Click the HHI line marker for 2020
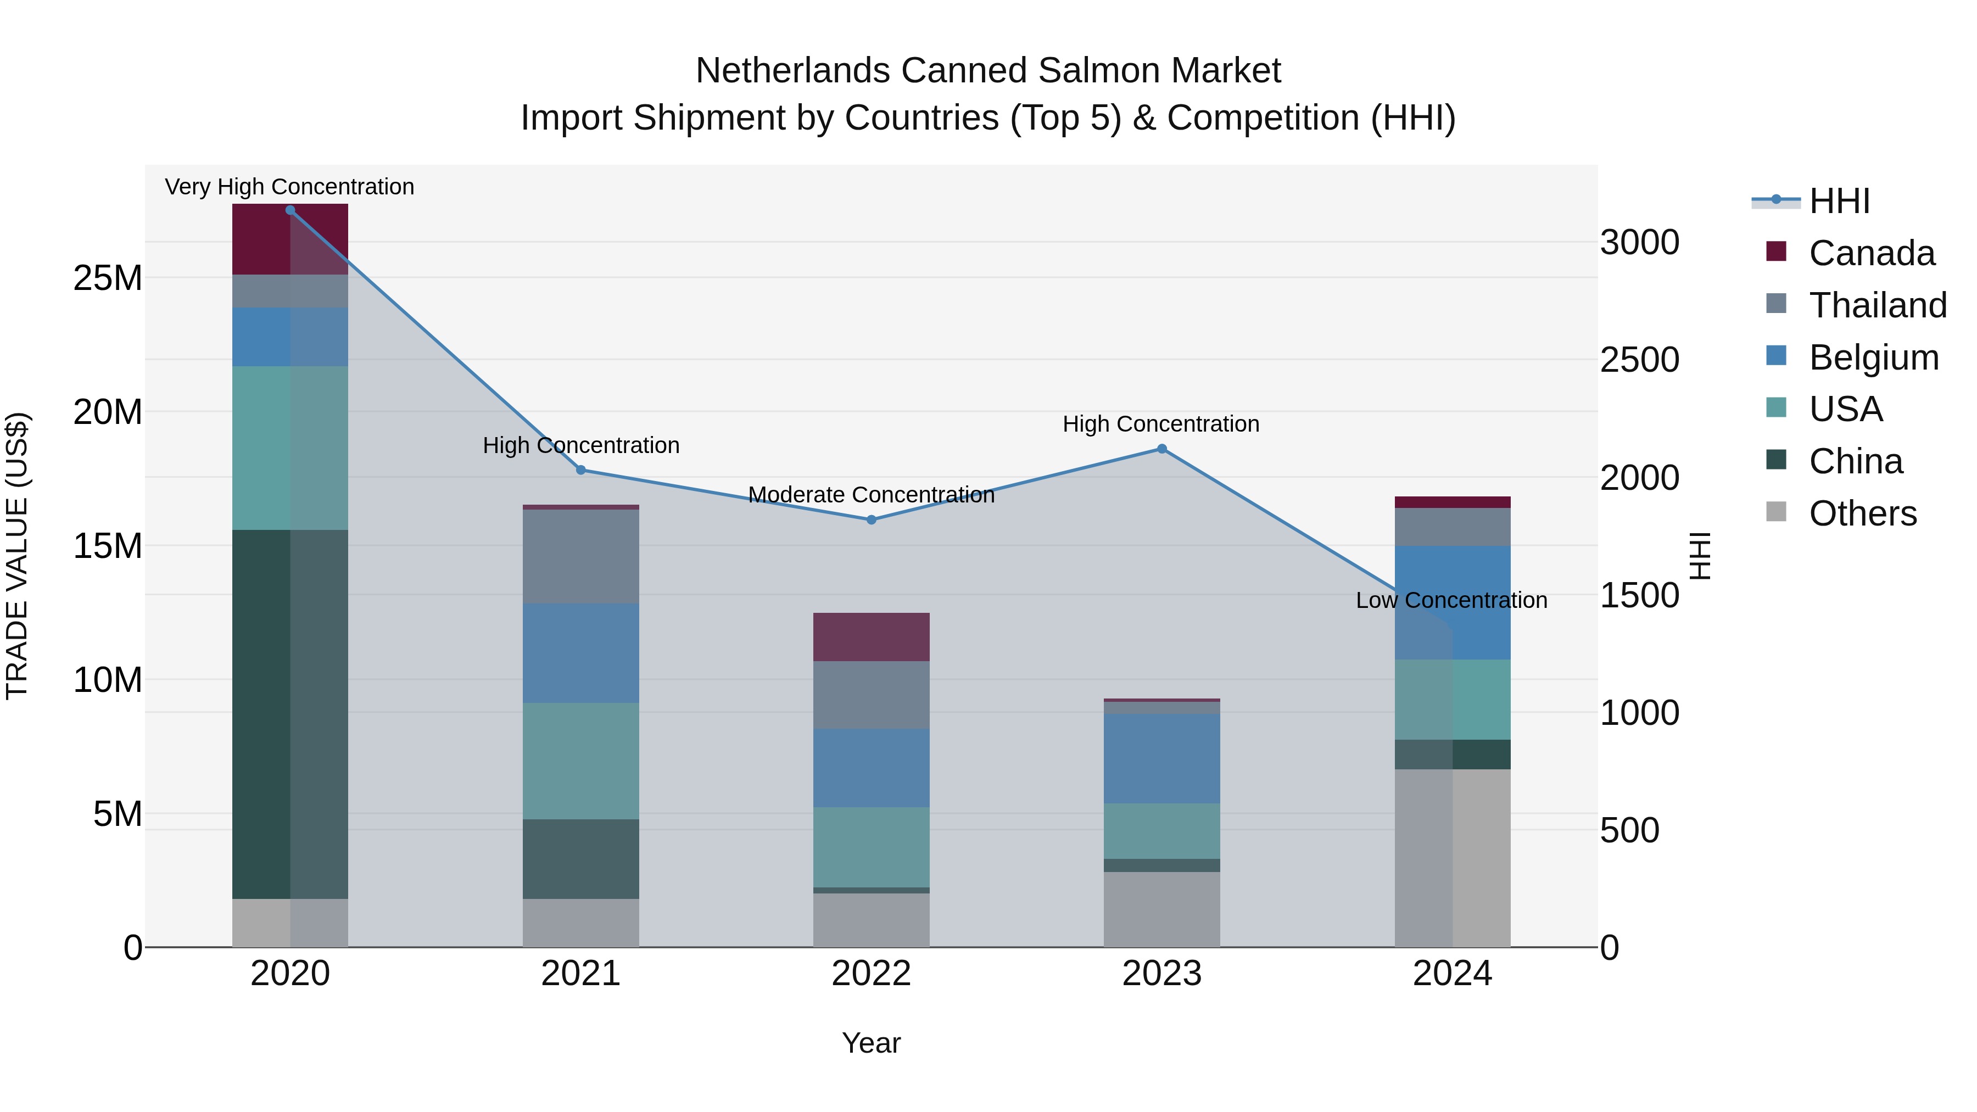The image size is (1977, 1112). tap(290, 210)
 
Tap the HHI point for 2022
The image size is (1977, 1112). tap(871, 519)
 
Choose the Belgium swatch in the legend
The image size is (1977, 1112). tap(1777, 356)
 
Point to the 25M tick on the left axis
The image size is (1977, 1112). tap(108, 278)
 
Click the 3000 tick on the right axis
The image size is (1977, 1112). tap(1639, 243)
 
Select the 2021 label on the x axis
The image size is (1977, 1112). tap(580, 974)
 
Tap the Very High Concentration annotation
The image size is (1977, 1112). tap(289, 187)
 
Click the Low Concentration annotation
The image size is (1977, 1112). tap(1451, 600)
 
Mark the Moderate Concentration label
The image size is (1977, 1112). tap(871, 495)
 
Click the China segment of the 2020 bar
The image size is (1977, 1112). tap(290, 714)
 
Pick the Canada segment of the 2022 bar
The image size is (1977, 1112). tap(871, 637)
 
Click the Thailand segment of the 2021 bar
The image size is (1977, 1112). tap(580, 556)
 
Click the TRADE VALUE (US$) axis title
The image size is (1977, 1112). tap(17, 556)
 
